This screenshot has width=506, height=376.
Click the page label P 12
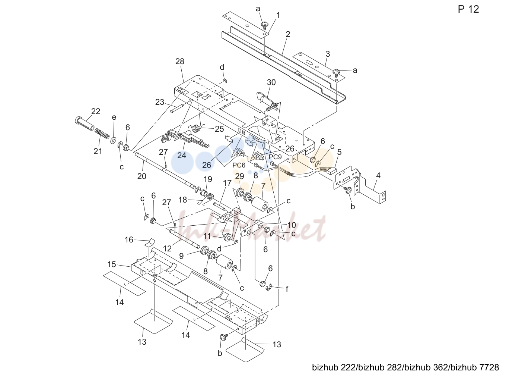pos(468,9)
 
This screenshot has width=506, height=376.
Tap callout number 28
pos(179,61)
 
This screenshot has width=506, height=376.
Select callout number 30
pos(271,82)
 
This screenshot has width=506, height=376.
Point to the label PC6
pos(239,165)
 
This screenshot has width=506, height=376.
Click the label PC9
pos(275,157)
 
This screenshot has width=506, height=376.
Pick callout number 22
pos(96,111)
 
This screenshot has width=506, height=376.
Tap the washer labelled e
pos(113,140)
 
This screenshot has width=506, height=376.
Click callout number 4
pos(378,176)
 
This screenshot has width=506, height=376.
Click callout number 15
pos(112,264)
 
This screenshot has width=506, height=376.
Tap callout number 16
pos(129,239)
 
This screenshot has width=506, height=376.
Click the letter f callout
pos(287,289)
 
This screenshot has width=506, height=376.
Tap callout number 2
pos(288,34)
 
